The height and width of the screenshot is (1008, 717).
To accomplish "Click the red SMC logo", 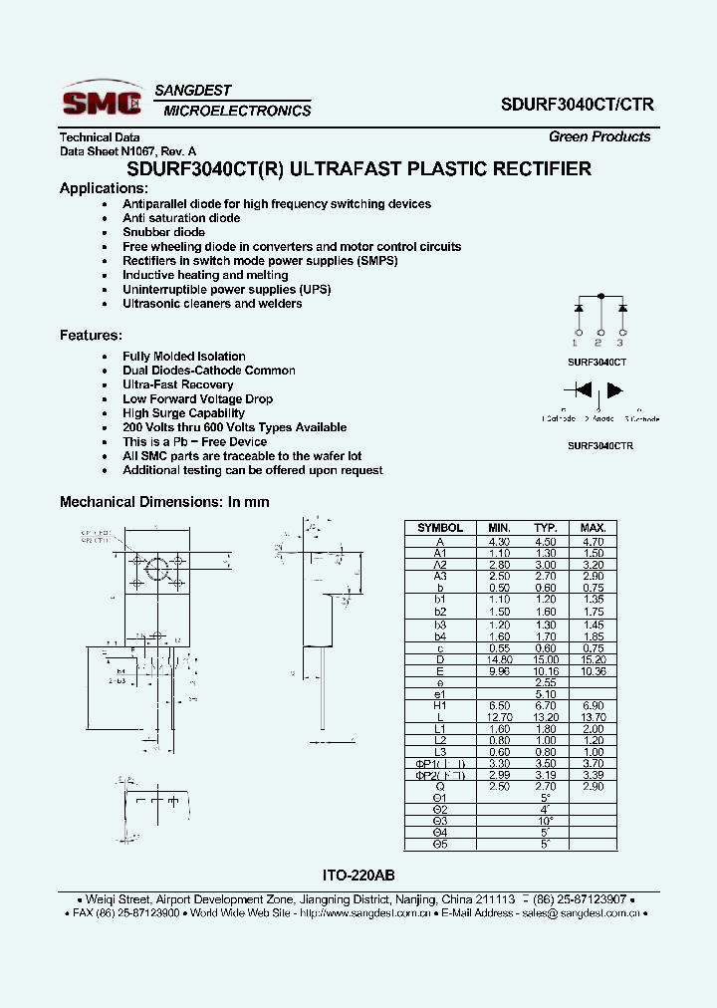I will tap(102, 101).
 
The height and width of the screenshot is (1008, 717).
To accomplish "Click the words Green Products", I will tap(599, 136).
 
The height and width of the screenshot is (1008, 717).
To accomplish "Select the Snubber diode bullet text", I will tap(163, 232).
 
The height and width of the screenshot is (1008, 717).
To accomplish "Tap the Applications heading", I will tap(104, 188).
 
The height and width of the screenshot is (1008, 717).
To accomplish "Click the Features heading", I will tap(91, 336).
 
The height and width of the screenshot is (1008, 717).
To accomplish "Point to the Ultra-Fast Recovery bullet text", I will tap(177, 384).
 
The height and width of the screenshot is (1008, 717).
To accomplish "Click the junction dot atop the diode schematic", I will tap(600, 296).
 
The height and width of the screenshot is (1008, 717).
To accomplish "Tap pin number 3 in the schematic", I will tap(621, 342).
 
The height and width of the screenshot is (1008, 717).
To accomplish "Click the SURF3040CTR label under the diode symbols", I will tap(600, 446).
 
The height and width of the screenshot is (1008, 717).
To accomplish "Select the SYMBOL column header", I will tap(439, 528).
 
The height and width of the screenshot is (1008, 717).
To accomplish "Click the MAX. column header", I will tap(593, 528).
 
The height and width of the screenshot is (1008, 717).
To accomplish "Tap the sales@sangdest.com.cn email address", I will tap(584, 912).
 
